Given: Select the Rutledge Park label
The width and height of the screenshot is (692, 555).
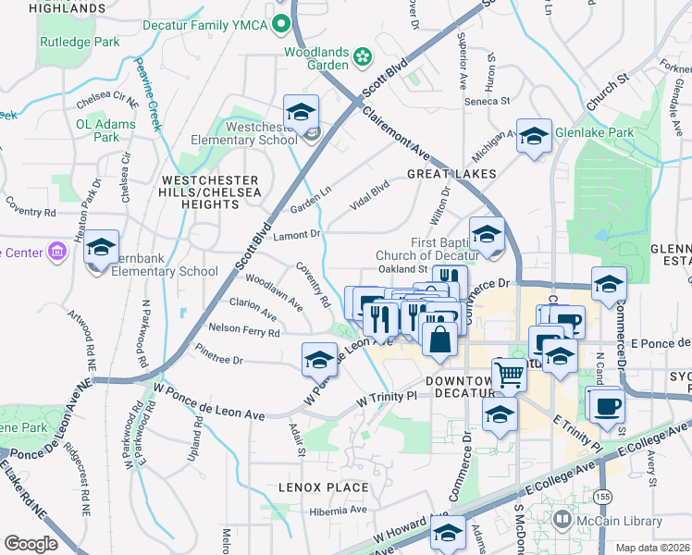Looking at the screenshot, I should (x=80, y=42).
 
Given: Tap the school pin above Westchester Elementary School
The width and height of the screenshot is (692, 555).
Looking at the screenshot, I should (x=301, y=113).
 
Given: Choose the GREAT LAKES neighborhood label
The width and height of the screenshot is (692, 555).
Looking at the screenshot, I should (x=451, y=174).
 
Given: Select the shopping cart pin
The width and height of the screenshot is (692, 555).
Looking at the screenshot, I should (x=509, y=375).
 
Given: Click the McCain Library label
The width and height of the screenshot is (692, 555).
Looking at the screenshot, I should (x=622, y=522).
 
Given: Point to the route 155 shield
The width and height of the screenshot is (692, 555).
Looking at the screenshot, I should (x=603, y=497).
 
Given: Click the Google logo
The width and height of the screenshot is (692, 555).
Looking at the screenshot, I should (x=31, y=544).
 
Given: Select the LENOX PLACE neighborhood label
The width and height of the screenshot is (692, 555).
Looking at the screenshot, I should (x=324, y=487).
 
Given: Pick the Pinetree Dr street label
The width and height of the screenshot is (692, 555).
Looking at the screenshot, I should (x=219, y=354).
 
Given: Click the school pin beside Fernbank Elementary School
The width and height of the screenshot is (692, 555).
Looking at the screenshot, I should (x=101, y=248).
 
